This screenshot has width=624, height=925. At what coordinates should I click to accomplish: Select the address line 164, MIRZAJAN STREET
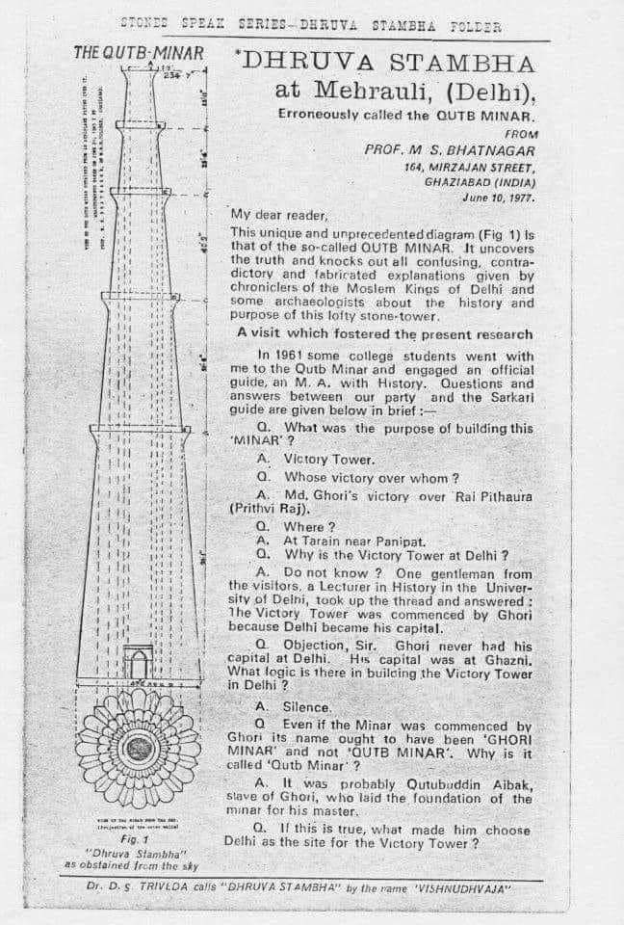coord(471,167)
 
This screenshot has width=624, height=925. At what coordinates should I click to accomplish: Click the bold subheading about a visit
coord(384,333)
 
